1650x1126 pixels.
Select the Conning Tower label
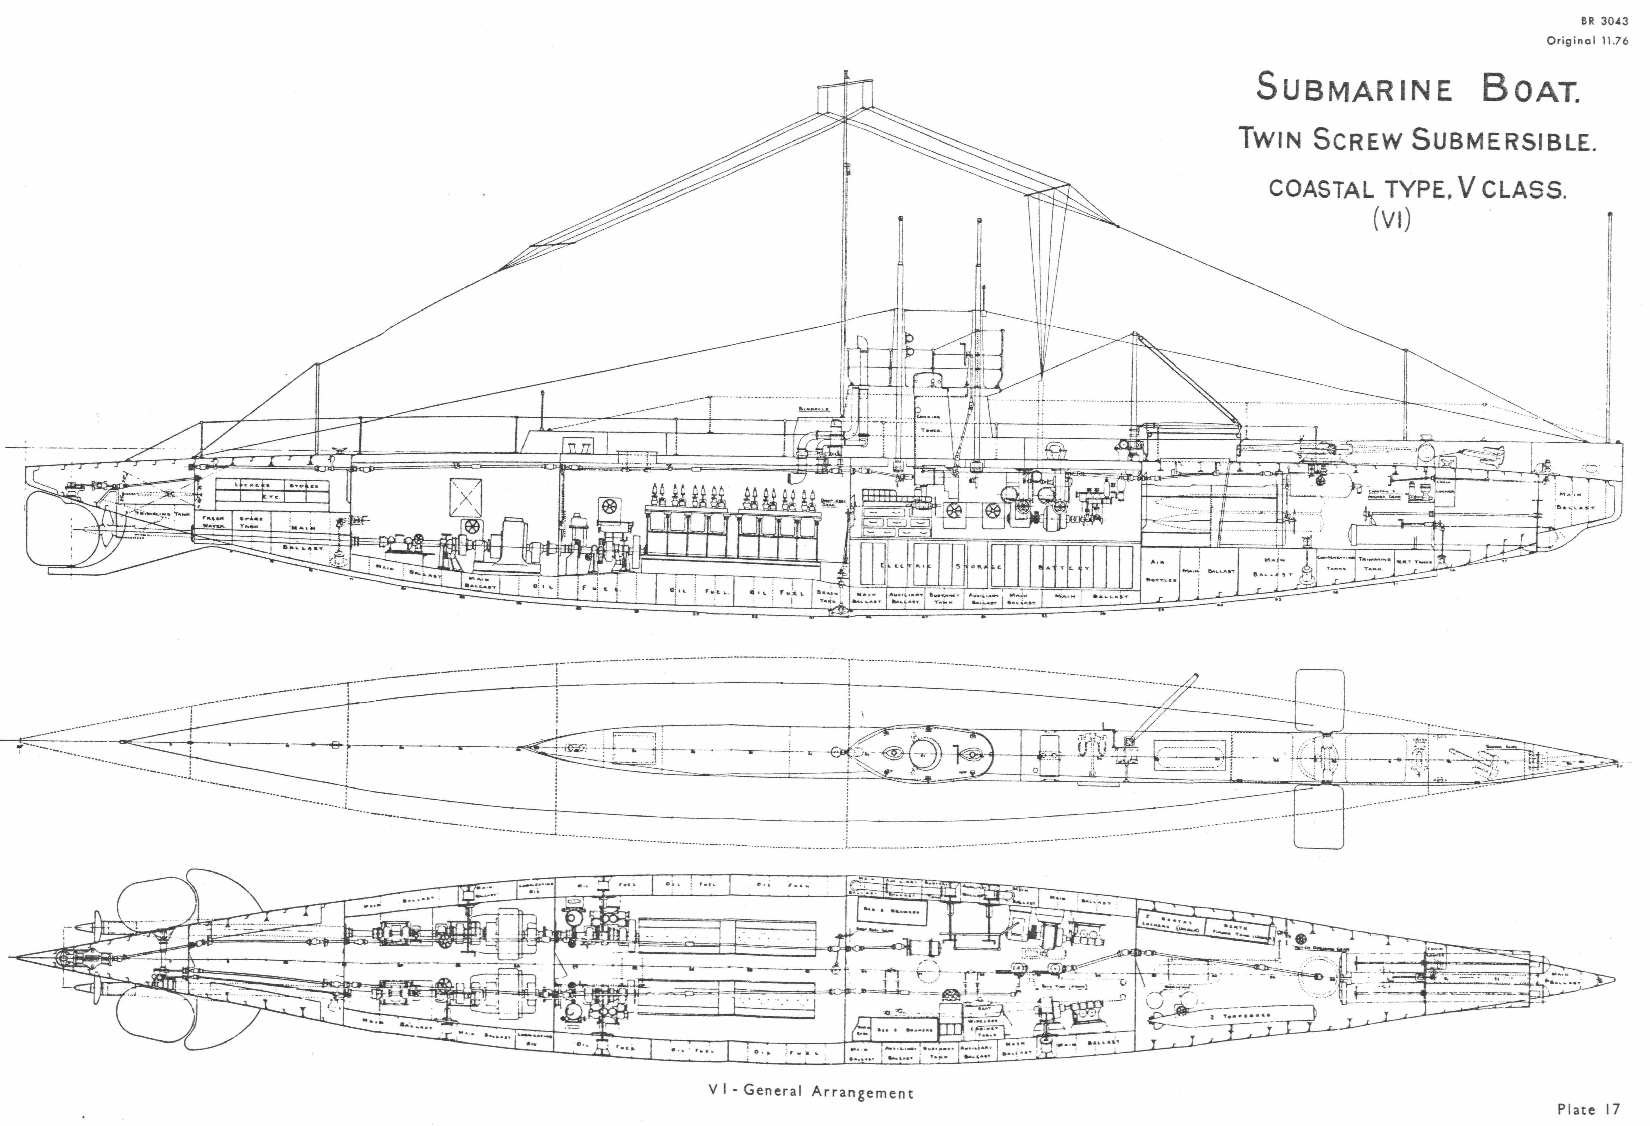tap(929, 423)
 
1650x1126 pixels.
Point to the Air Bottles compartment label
tap(1161, 570)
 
